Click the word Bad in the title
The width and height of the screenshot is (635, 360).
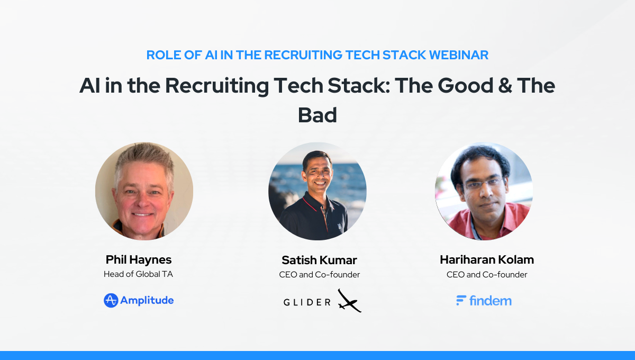point(317,115)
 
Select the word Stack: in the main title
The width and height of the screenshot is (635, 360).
point(359,85)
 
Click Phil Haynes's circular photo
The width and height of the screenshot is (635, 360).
point(144,191)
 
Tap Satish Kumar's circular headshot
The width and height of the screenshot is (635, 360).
point(317,191)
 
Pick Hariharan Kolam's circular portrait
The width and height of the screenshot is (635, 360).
point(484,191)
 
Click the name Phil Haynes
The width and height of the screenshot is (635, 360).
point(139,259)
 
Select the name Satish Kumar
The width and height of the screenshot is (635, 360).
point(319,260)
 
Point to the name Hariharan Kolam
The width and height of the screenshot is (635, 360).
point(487,259)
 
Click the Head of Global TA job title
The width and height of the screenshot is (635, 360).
point(138,274)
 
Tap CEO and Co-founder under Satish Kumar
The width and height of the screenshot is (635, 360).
point(319,275)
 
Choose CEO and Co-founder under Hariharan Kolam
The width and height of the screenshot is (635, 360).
point(487,275)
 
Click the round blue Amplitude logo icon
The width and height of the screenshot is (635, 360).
point(111,300)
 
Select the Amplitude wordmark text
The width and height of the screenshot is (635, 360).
point(147,300)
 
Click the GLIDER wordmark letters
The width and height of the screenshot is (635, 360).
point(307,302)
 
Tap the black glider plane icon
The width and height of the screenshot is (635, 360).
point(350,301)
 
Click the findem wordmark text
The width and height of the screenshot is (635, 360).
point(491,301)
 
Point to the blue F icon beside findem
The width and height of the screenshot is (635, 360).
point(461,300)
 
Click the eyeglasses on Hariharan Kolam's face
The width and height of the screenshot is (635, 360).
point(484,184)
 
